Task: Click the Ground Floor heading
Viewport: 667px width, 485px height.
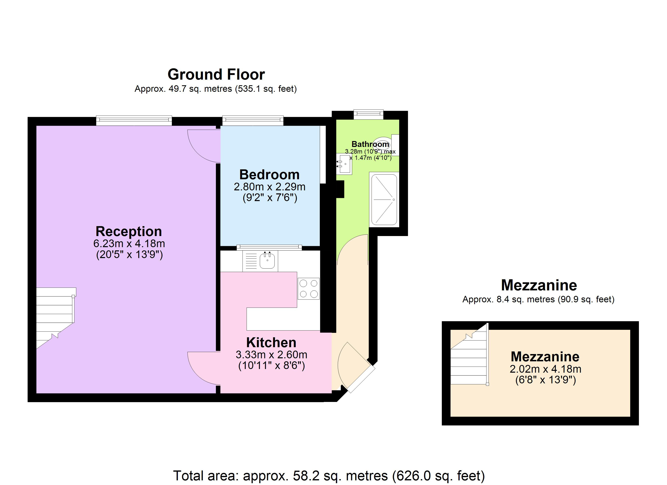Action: pos(216,74)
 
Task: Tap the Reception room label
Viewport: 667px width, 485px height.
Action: pos(129,231)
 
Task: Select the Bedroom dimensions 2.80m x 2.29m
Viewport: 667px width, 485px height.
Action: pos(269,187)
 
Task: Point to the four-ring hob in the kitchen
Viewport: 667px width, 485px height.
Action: pos(308,289)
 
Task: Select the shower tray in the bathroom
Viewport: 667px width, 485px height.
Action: pos(384,199)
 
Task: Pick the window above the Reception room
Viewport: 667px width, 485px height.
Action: pos(134,120)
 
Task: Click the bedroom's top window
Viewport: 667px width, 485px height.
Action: pos(253,120)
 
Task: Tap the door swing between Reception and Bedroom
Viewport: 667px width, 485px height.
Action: pos(203,147)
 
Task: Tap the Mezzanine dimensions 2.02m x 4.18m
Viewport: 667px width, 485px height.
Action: pos(545,369)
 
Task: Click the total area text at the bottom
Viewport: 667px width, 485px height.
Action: pos(329,475)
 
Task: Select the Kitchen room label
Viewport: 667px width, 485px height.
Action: pos(271,342)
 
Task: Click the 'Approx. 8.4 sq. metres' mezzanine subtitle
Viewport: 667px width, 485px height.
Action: pos(538,299)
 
